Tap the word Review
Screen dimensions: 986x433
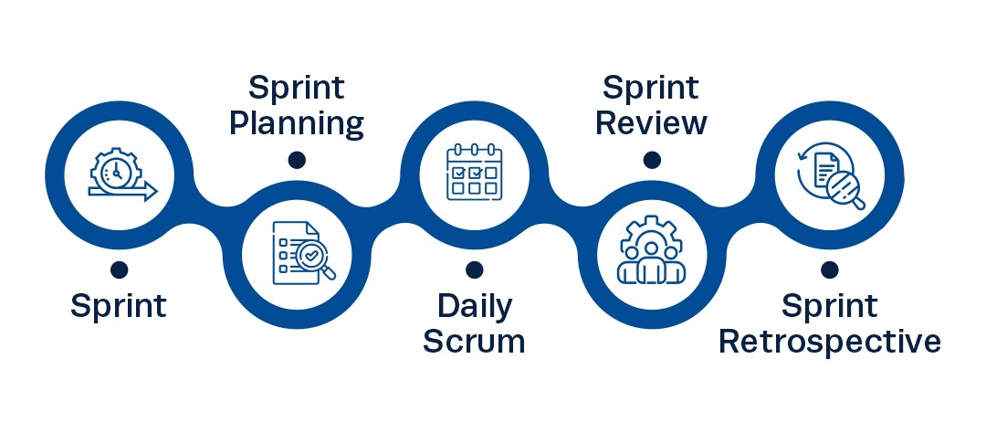(x=652, y=123)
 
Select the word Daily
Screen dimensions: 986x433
(x=475, y=307)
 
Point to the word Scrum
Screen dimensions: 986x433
(x=474, y=341)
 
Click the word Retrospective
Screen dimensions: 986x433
(x=829, y=342)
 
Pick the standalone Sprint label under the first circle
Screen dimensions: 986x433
(x=118, y=306)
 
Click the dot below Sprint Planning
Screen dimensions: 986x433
(x=297, y=160)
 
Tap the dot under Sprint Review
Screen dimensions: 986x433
(x=652, y=160)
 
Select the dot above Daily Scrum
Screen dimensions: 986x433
(x=475, y=270)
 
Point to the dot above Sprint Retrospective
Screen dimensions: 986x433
(x=829, y=270)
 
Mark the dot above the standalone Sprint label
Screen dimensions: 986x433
(x=119, y=270)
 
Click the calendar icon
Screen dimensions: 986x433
(x=475, y=173)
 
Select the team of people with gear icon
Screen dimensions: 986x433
(x=651, y=250)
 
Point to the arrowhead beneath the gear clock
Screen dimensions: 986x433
(x=150, y=191)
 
